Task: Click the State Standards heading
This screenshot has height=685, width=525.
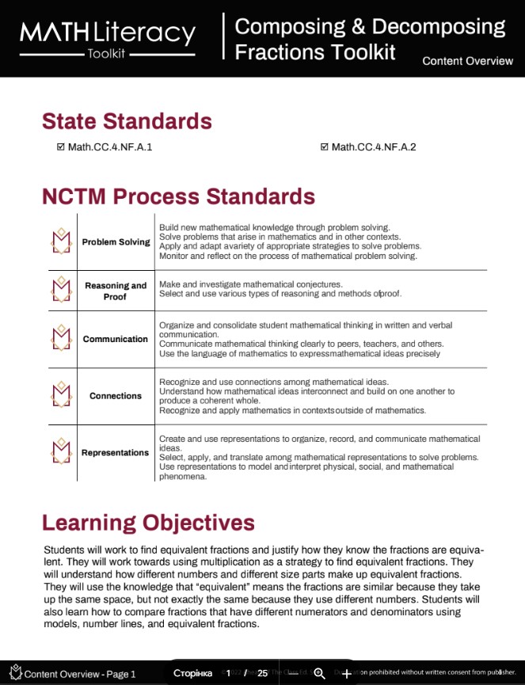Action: coord(127,121)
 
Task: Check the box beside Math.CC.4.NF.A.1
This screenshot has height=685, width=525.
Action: coord(61,147)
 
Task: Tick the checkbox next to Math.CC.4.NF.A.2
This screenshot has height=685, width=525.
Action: coord(325,147)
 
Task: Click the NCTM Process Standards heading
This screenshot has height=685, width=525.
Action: coord(178,196)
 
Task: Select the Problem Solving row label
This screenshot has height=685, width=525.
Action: coord(116,242)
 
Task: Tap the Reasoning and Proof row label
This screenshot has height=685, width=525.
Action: coord(116,291)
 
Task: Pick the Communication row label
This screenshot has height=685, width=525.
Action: coord(116,339)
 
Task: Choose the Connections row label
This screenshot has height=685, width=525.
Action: coord(116,396)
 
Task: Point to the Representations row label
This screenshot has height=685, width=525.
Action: coord(116,453)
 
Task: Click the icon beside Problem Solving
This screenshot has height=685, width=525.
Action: coord(61,241)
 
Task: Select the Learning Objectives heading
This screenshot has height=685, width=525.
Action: coord(148,523)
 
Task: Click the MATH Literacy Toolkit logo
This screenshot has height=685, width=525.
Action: coord(108,38)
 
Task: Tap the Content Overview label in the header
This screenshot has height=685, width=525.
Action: coord(467,61)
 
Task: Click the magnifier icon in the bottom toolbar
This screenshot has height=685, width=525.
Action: coord(319,673)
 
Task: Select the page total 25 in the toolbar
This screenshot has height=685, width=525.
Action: coord(263,673)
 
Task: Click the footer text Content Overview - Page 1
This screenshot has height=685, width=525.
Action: coord(79,674)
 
